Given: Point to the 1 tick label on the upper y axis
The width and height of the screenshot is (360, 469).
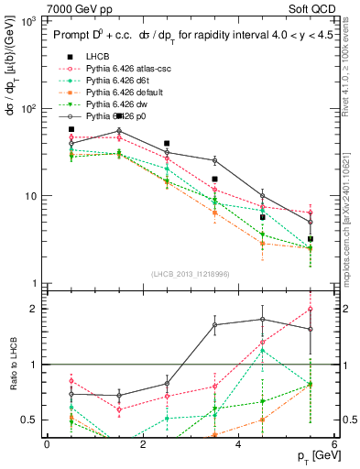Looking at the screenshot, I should tap(37, 284).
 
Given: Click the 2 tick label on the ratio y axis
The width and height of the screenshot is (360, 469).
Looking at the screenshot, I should tap(37, 309).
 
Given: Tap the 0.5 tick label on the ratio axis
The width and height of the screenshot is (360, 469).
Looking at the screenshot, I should tap(32, 420).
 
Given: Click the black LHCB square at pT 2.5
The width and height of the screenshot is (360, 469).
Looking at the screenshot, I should tap(167, 144).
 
